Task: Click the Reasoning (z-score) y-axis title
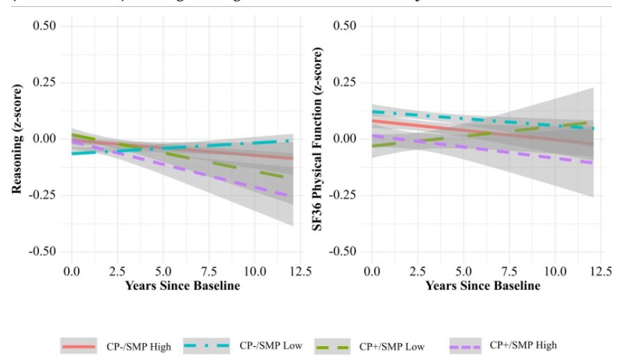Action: pyautogui.click(x=18, y=139)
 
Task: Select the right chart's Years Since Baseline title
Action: pyautogui.click(x=482, y=286)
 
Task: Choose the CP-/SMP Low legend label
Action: pyautogui.click(x=271, y=346)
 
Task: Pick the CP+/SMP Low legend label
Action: pyautogui.click(x=392, y=346)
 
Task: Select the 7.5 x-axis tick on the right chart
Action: pyautogui.click(x=510, y=271)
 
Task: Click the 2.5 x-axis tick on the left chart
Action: pyautogui.click(x=116, y=271)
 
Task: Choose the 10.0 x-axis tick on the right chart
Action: pyautogui.click(x=556, y=271)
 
